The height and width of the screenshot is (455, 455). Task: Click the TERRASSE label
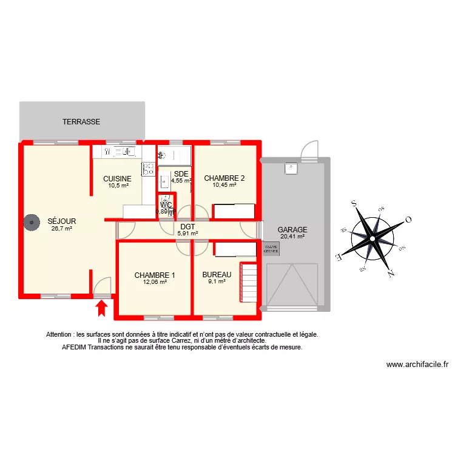tap(81, 122)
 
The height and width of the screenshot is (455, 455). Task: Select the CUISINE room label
tap(117, 178)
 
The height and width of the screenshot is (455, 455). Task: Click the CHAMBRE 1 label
tap(155, 275)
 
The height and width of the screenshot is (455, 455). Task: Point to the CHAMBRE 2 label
tap(224, 178)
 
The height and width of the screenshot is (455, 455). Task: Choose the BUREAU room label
tap(217, 274)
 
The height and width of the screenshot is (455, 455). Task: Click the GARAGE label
tap(292, 230)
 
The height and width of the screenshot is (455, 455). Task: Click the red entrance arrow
tap(102, 309)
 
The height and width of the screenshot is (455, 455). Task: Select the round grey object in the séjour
tap(30, 223)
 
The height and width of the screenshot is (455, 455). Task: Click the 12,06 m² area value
tap(155, 281)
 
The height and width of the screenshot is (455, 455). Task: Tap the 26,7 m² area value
tap(61, 229)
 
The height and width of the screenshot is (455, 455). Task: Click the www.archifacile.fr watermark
tap(417, 365)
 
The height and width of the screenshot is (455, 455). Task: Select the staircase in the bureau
tap(250, 278)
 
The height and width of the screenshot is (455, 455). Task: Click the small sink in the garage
tap(291, 169)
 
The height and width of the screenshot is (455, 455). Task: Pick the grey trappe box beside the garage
tap(271, 248)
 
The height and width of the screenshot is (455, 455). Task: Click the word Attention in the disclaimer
tap(60, 334)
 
